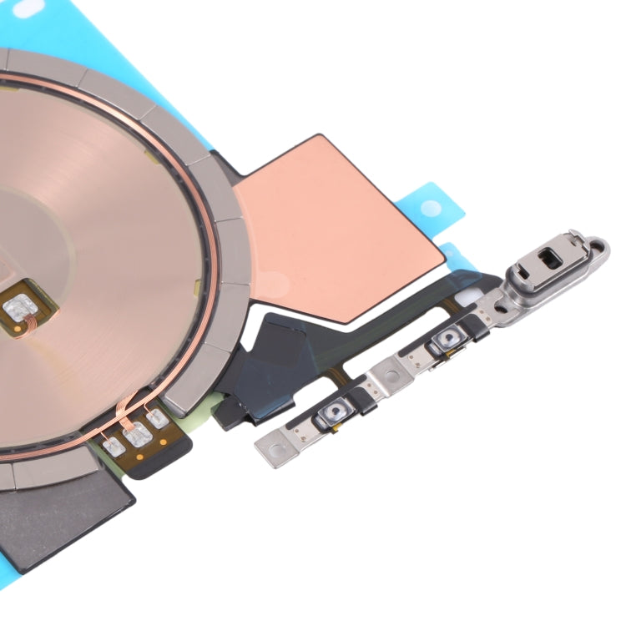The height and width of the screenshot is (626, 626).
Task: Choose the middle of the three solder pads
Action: point(135,432)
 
